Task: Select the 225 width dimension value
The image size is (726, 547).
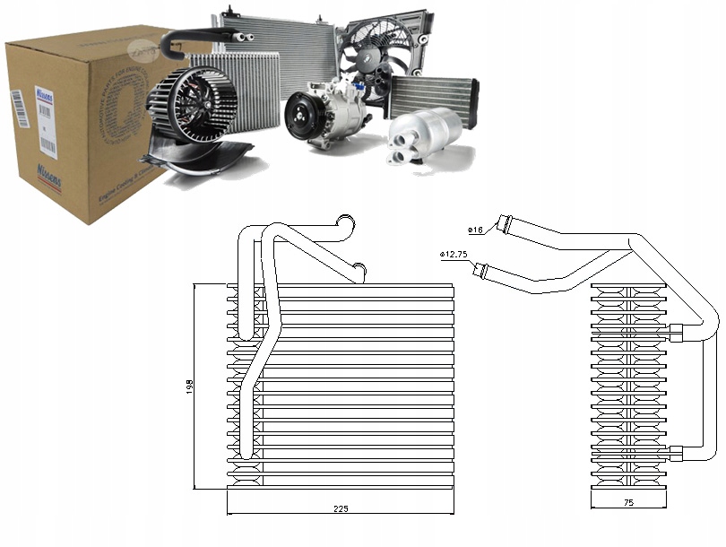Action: pyautogui.click(x=340, y=508)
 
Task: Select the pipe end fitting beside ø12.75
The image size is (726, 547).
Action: pyautogui.click(x=482, y=266)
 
